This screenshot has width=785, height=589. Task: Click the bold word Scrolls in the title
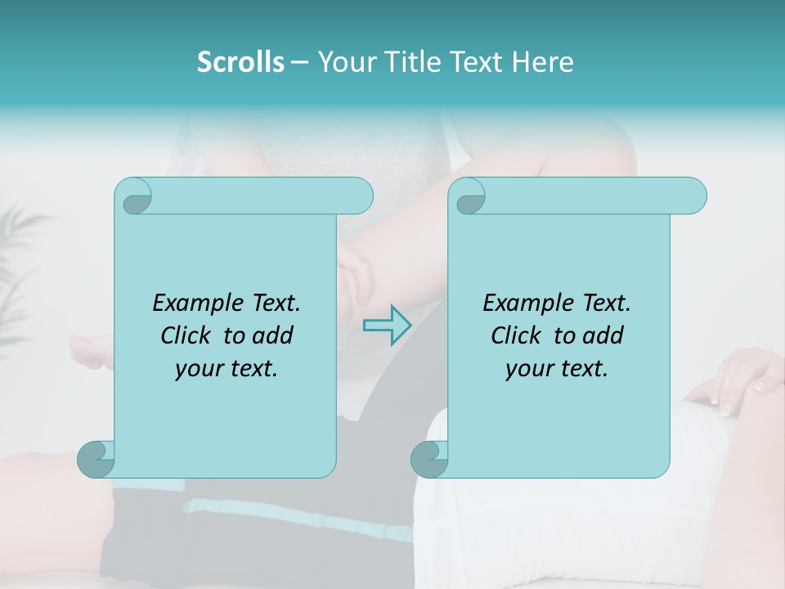point(240,61)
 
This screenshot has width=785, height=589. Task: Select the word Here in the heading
point(542,61)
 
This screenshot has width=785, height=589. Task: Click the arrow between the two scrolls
point(387,326)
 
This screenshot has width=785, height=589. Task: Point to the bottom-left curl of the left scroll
point(96,458)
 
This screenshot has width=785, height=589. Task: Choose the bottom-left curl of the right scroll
point(429,458)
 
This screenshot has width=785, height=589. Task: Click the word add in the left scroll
point(273,335)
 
